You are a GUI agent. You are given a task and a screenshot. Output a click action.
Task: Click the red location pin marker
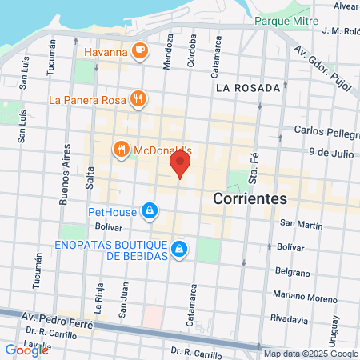[181, 166]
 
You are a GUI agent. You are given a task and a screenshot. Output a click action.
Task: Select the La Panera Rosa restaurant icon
[139, 99]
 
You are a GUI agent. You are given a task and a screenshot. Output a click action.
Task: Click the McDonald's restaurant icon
[122, 148]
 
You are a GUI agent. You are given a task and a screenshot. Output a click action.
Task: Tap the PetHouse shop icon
[148, 212]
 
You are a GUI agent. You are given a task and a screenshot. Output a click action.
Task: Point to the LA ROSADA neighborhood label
[247, 87]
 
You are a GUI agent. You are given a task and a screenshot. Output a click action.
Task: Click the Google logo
[26, 350]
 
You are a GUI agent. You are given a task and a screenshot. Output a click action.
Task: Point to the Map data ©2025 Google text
[310, 354]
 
